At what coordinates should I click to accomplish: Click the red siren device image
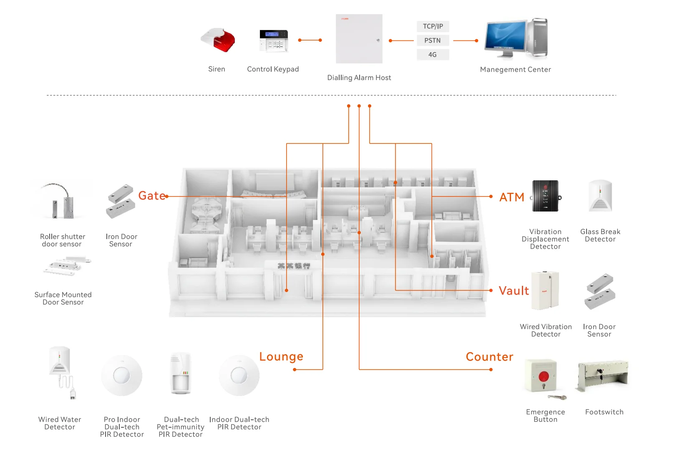(x=219, y=40)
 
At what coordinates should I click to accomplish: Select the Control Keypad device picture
(x=274, y=40)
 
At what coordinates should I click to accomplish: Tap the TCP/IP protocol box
(x=433, y=26)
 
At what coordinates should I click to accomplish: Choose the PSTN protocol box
(x=433, y=40)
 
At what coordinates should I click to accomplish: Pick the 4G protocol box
(x=433, y=55)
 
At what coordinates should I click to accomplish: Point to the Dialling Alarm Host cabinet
(x=359, y=39)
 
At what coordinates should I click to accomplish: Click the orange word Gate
(x=151, y=196)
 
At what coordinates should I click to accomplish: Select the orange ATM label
(x=511, y=197)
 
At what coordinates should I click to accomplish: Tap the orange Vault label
(x=514, y=290)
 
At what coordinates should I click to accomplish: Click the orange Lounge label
(x=281, y=356)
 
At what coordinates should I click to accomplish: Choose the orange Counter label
(x=489, y=357)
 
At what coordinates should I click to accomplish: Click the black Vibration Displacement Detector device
(x=546, y=196)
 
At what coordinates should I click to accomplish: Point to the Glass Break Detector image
(x=600, y=196)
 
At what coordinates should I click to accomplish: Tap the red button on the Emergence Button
(x=544, y=376)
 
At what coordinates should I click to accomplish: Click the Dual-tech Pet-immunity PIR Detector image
(x=181, y=373)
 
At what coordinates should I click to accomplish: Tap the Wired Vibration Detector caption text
(x=546, y=330)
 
